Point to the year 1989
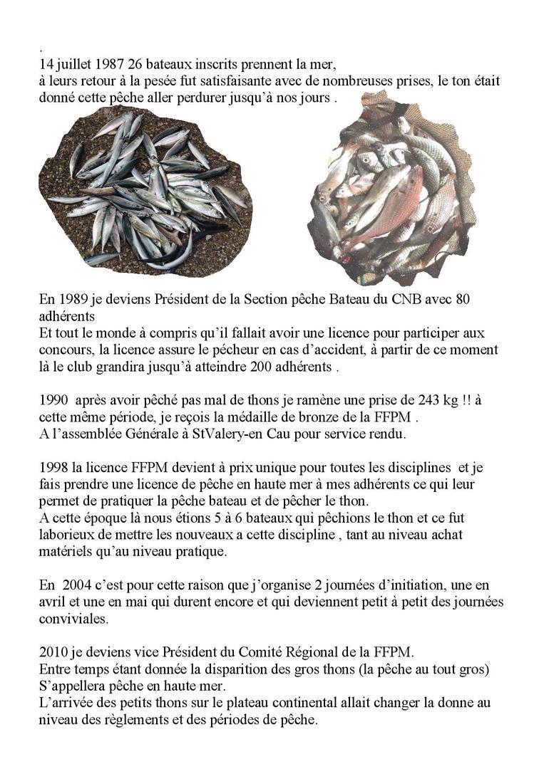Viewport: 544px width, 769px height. [x=72, y=300]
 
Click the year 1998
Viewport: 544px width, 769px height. [x=54, y=468]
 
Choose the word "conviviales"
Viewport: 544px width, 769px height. [x=73, y=619]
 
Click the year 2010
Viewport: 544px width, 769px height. [x=54, y=652]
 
